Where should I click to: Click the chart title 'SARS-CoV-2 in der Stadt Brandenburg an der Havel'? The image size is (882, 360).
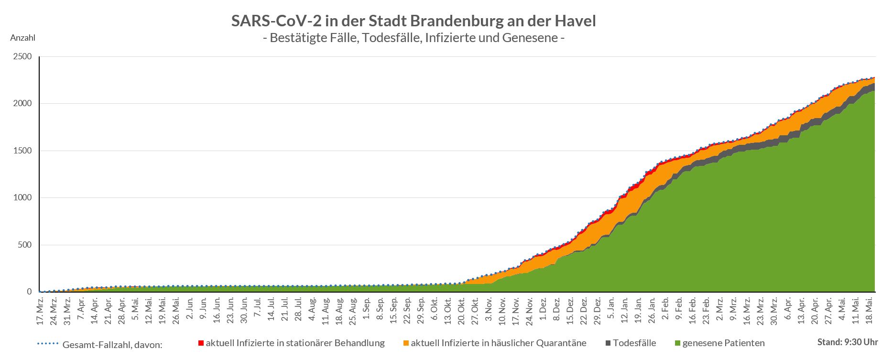coord(414,22)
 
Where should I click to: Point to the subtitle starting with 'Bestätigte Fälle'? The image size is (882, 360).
coord(414,37)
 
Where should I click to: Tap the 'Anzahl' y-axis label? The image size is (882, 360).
coord(22,38)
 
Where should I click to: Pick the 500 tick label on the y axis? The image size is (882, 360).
coord(25,245)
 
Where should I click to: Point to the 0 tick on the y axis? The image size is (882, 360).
coord(29,292)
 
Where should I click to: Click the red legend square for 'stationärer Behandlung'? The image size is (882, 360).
coord(201,343)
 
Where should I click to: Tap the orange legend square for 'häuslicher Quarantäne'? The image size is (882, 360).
coord(406,343)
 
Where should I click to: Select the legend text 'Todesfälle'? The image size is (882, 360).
coord(634,343)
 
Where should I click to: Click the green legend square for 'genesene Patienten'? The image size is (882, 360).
coord(677,343)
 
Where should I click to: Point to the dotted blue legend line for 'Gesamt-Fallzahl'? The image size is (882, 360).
coord(48,343)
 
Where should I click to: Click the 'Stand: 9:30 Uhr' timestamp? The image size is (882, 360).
coord(848,342)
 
